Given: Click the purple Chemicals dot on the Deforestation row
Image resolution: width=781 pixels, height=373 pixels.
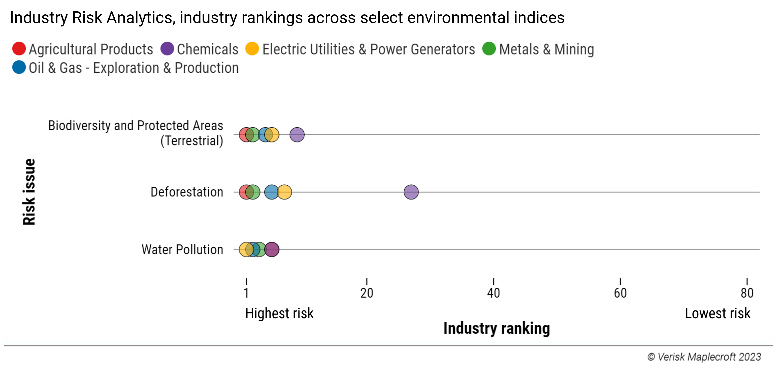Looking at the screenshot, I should (411, 192).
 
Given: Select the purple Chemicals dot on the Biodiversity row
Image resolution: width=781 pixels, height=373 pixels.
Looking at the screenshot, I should (297, 135).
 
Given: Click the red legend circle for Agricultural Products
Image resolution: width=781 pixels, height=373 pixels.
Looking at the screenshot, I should (19, 49).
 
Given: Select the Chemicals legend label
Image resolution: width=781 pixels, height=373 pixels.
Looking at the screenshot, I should (207, 49).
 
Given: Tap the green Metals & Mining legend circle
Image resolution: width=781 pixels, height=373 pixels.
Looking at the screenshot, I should (489, 49).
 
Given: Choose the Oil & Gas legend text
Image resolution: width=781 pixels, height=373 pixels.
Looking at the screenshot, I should (134, 68).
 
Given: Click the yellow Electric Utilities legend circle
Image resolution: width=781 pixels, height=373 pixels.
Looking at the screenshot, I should (252, 49).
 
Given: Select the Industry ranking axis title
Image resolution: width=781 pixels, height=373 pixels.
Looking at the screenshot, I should (496, 328).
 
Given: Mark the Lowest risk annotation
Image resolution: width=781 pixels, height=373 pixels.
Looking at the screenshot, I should (717, 313).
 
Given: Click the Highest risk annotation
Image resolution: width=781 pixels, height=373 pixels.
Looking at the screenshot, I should (279, 313).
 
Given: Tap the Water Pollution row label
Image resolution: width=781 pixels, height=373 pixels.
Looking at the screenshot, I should (182, 249).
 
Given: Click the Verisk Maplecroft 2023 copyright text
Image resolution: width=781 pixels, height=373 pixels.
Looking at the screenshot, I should (704, 357).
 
